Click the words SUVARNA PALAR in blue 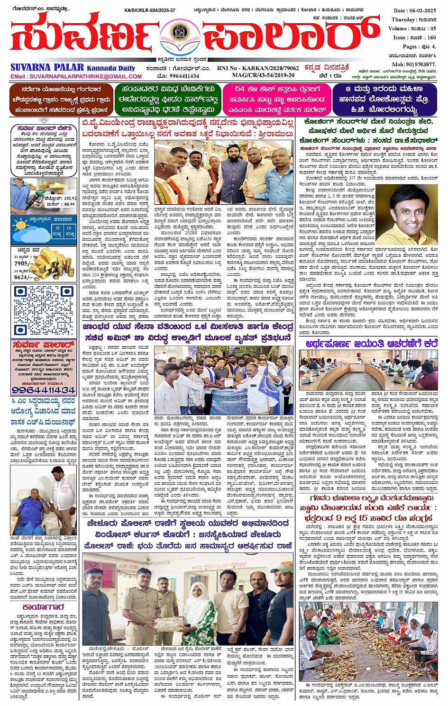click(x=47, y=68)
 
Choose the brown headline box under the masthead click(x=61, y=100)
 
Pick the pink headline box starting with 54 click(x=277, y=100)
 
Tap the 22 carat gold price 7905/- click(x=22, y=263)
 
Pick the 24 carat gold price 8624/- click(x=22, y=278)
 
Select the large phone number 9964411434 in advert click(x=43, y=390)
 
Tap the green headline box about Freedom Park click(x=168, y=100)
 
